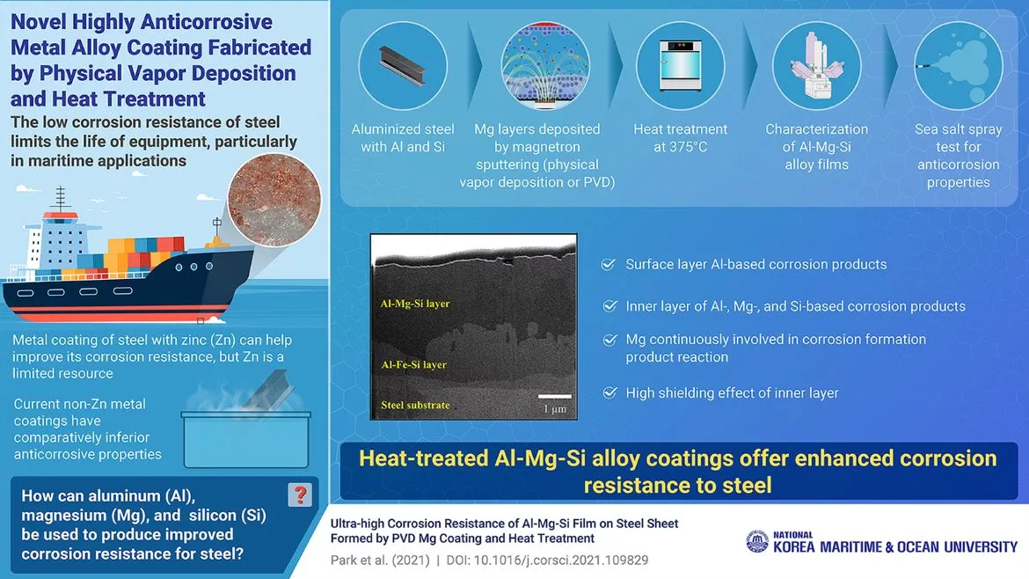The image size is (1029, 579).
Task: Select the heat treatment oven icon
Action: point(679,66)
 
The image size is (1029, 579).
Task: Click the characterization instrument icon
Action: point(815,66)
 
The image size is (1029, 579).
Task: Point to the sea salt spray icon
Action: point(958,66)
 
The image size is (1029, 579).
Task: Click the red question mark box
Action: point(300,494)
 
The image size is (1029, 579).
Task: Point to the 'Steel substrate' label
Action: point(415,405)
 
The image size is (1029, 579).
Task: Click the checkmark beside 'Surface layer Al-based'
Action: point(608,264)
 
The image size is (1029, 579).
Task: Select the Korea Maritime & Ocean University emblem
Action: point(756,541)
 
